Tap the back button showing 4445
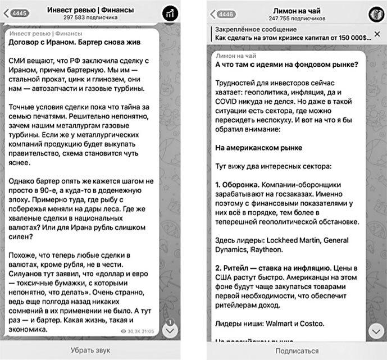[18, 13]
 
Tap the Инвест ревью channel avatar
[170, 14]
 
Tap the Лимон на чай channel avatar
[375, 14]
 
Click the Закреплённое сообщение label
[250, 29]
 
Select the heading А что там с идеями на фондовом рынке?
[286, 64]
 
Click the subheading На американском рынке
[259, 148]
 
